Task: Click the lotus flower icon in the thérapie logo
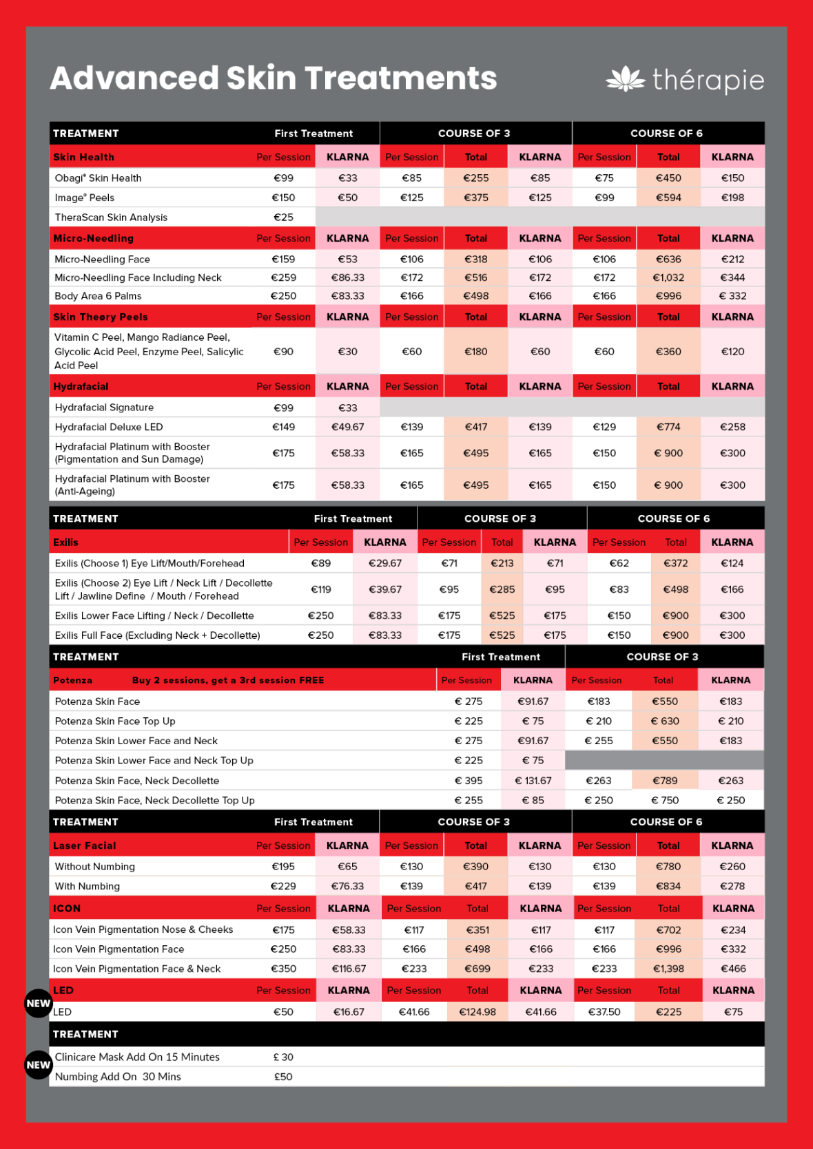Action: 625,80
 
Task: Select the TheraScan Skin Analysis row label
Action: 111,218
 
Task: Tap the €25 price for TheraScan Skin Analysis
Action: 283,218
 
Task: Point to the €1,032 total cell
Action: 668,277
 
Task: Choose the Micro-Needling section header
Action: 94,238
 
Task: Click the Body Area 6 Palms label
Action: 98,296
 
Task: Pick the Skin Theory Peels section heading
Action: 101,317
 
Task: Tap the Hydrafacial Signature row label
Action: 104,408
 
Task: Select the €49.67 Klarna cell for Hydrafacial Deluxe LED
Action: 347,427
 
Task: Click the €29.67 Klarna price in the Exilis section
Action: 384,563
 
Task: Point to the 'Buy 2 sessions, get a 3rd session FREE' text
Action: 228,680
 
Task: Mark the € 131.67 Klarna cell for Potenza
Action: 533,781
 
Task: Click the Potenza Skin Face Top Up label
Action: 115,721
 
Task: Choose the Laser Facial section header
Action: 85,845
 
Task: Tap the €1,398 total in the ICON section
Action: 668,969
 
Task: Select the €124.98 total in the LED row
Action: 477,1012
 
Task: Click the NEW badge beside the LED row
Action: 38,1004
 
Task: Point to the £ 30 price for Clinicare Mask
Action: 283,1057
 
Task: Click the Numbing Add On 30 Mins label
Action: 118,1077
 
